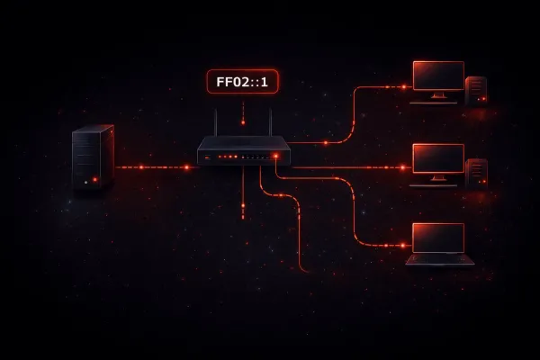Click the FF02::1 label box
tap(242, 82)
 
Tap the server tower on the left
tap(93, 157)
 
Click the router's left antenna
tap(216, 122)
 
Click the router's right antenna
tap(270, 122)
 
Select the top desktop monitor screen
tap(438, 76)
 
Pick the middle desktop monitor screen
tap(438, 158)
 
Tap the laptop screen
tap(438, 238)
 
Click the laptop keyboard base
tap(440, 260)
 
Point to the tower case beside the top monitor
tap(476, 90)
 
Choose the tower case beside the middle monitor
tap(476, 173)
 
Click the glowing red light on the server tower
tap(95, 179)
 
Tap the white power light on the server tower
tap(86, 182)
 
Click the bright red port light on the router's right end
tap(275, 156)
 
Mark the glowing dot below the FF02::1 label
tap(243, 122)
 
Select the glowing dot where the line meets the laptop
tap(402, 246)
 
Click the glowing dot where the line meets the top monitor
tap(403, 86)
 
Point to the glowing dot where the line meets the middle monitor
tap(402, 167)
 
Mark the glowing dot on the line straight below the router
tap(243, 206)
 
